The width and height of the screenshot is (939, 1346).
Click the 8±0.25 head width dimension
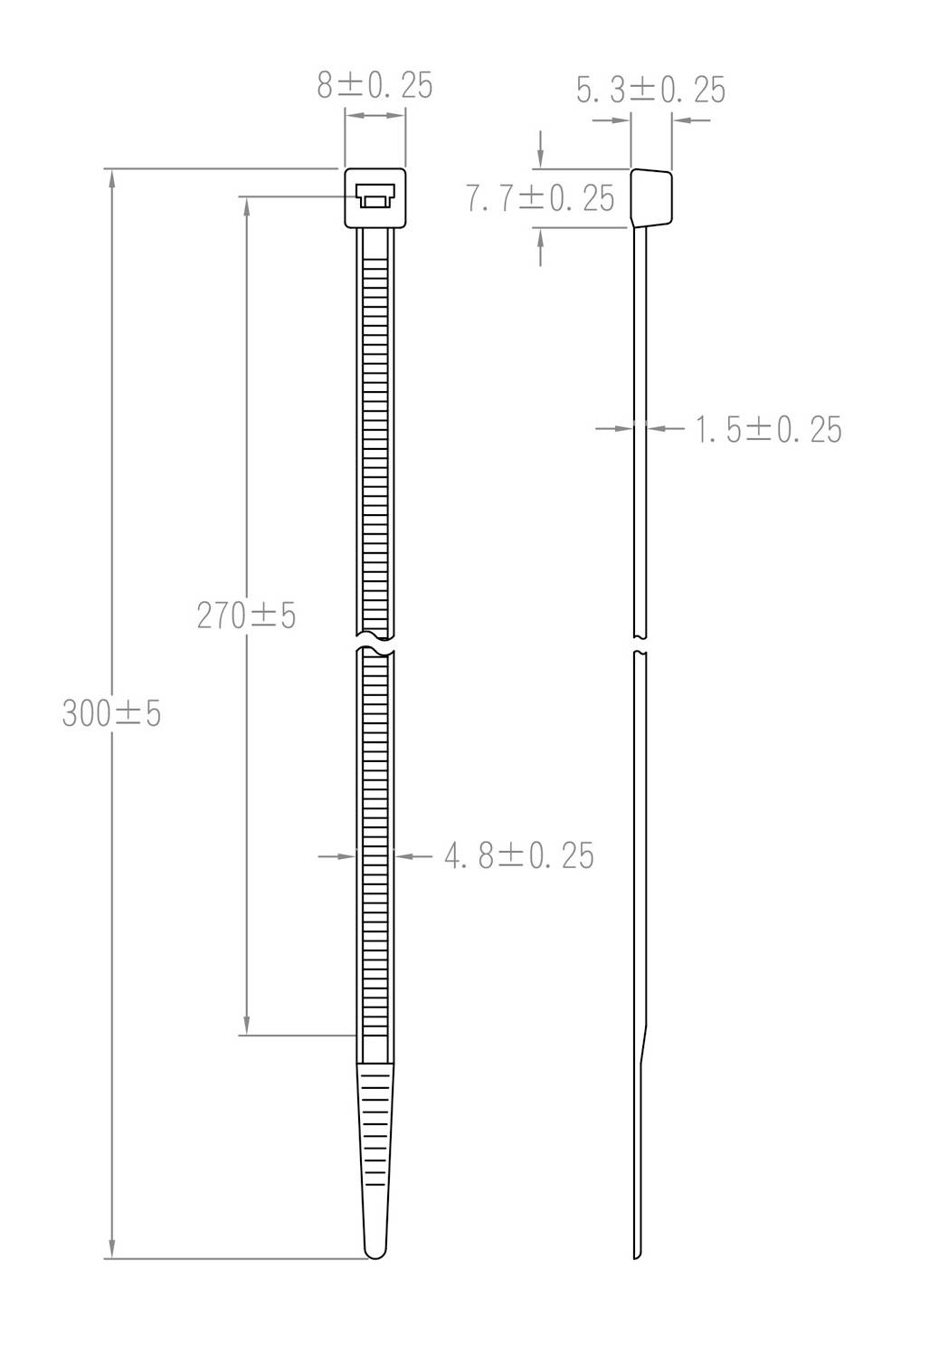pyautogui.click(x=375, y=85)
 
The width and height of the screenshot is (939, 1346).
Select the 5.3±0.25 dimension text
pyautogui.click(x=650, y=90)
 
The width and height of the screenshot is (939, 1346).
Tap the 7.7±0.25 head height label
pyautogui.click(x=540, y=198)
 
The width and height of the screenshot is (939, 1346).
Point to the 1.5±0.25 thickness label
pyautogui.click(x=768, y=430)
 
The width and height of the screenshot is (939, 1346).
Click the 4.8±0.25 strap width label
pyautogui.click(x=519, y=855)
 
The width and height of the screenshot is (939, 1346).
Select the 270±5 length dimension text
pyautogui.click(x=246, y=616)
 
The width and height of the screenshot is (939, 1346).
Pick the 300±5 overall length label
pyautogui.click(x=111, y=714)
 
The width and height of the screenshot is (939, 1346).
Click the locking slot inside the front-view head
pyautogui.click(x=375, y=196)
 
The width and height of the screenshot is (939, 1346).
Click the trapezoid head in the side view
pyautogui.click(x=652, y=196)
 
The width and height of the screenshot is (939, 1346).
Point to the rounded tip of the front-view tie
pyautogui.click(x=375, y=1250)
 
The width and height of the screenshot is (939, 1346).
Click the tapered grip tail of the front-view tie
pyautogui.click(x=375, y=1150)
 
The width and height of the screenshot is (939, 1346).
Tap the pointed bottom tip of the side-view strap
pyautogui.click(x=638, y=1255)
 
